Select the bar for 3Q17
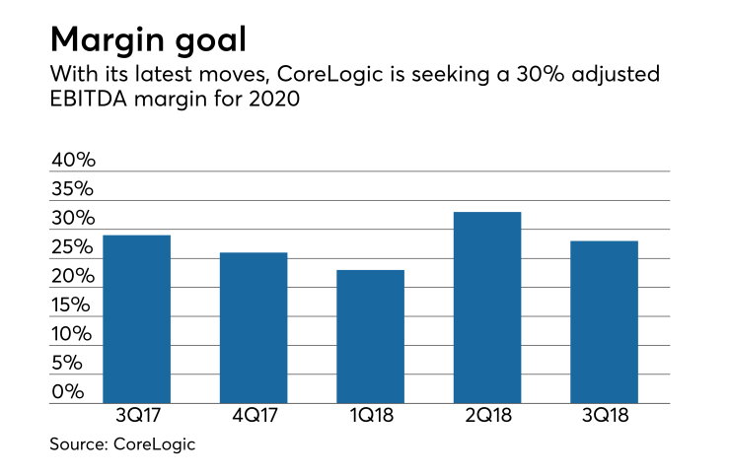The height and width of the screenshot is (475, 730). click(136, 319)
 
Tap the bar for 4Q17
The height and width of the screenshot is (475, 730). click(254, 328)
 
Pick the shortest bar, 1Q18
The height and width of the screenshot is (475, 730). click(370, 337)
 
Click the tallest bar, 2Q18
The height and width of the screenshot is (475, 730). click(487, 307)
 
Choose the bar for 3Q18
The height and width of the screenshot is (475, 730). click(604, 322)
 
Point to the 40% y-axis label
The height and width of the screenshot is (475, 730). click(73, 160)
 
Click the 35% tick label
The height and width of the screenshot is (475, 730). click(73, 189)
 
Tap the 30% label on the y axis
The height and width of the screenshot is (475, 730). click(73, 218)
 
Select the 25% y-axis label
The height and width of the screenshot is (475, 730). click(73, 247)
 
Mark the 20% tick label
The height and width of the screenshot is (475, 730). click(73, 276)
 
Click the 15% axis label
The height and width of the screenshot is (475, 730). click(73, 305)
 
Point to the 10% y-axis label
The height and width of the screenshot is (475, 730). click(73, 334)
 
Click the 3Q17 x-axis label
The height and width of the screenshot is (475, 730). click(136, 417)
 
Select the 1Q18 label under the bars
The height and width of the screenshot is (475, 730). click(370, 417)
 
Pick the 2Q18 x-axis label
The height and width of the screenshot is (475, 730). click(487, 417)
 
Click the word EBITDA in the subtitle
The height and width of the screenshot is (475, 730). click(87, 99)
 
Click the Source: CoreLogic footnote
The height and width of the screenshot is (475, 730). click(122, 444)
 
